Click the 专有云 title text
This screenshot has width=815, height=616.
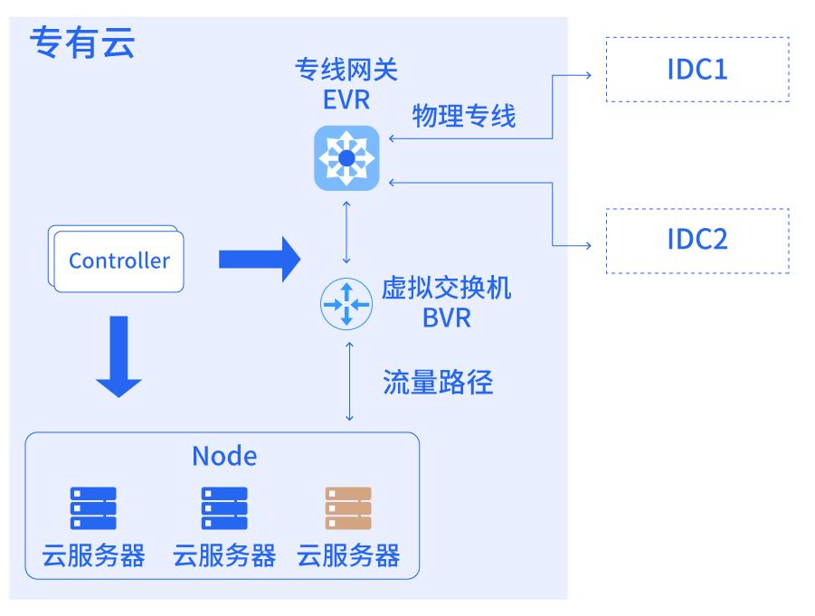click(83, 43)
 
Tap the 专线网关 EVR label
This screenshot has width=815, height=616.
click(346, 83)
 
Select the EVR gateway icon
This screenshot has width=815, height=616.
click(346, 159)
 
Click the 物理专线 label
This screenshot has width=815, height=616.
click(464, 116)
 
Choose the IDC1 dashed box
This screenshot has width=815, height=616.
click(697, 70)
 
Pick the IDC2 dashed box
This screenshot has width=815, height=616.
click(697, 241)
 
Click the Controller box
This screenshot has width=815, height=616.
click(118, 261)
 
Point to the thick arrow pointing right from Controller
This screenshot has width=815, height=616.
click(259, 261)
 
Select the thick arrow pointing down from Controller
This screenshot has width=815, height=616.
click(118, 356)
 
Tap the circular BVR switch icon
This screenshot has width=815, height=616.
click(346, 305)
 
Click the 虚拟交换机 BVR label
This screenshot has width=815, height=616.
click(446, 303)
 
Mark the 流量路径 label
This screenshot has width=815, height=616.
click(439, 382)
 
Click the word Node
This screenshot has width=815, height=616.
click(223, 456)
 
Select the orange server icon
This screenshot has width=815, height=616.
click(348, 508)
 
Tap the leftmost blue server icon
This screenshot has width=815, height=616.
click(93, 508)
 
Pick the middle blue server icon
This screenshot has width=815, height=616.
click(223, 508)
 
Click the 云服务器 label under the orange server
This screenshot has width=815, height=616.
click(348, 554)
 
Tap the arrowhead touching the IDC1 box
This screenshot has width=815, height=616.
click(587, 71)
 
